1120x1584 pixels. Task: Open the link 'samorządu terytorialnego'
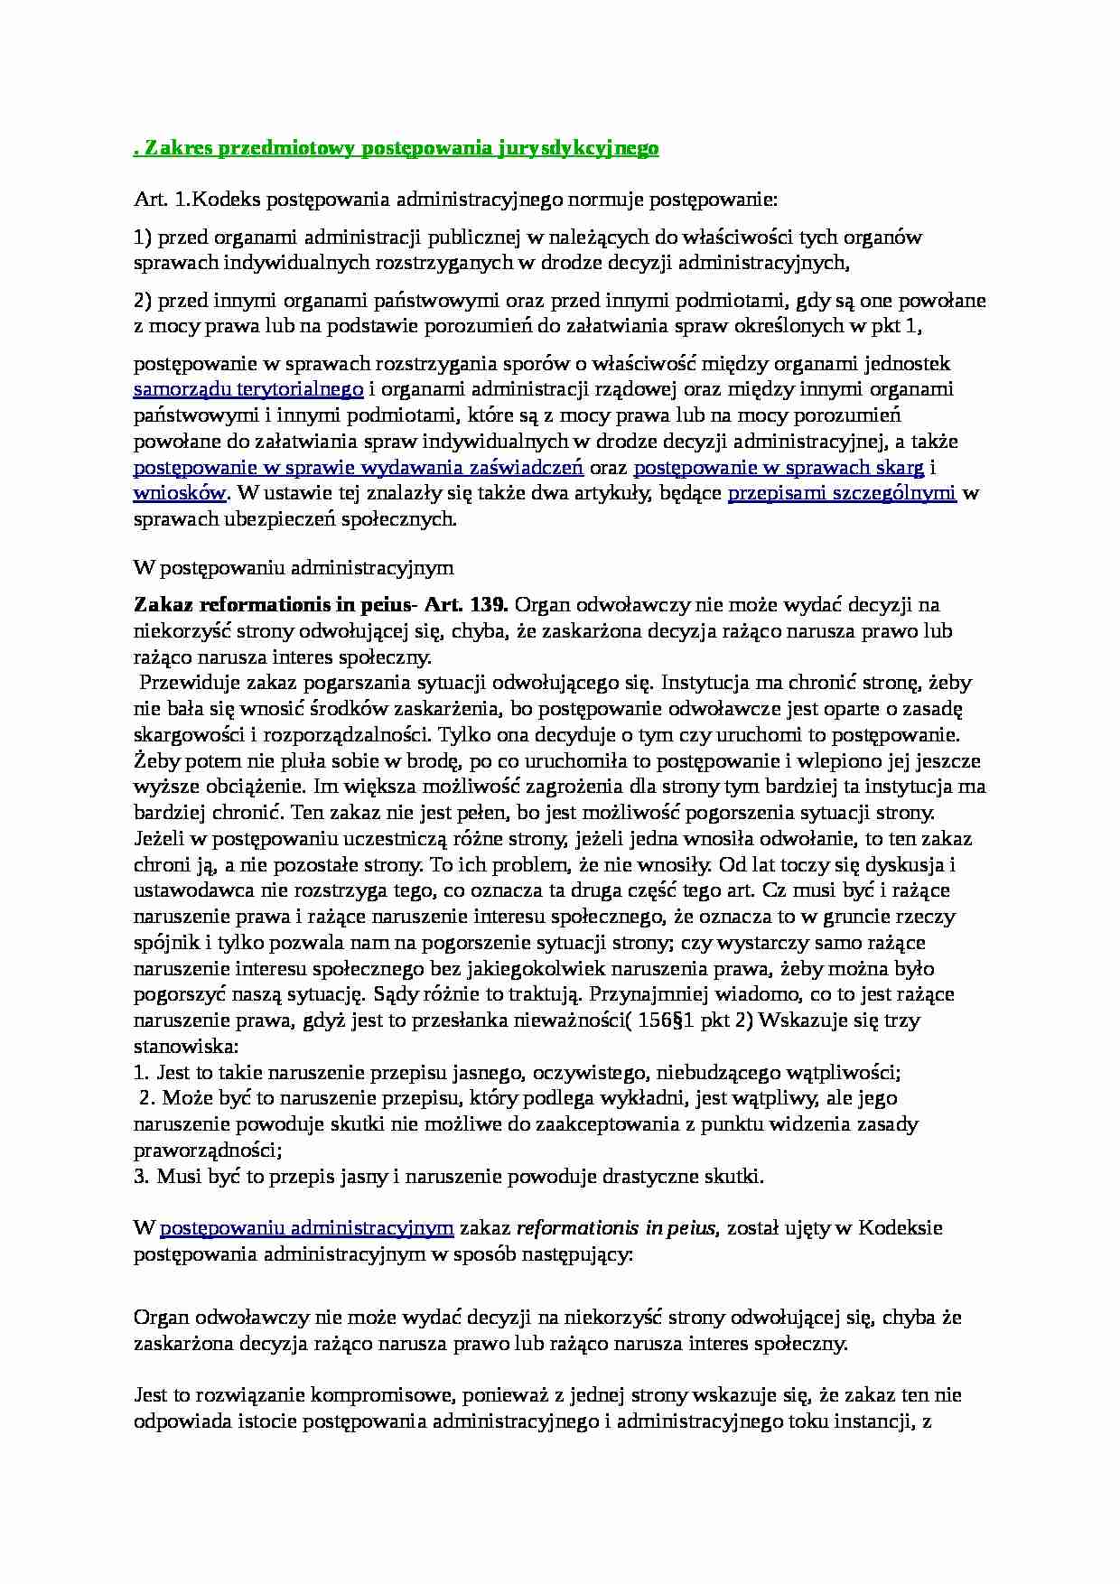[x=248, y=389]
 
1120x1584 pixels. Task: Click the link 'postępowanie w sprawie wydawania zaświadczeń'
[x=359, y=468]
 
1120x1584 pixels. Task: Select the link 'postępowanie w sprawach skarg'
[x=779, y=468]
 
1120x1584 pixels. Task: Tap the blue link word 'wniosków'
[x=179, y=493]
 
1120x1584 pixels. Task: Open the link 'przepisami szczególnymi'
[x=841, y=493]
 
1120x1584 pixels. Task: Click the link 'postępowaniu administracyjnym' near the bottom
[x=306, y=1227]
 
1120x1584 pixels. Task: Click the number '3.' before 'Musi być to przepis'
[x=142, y=1176]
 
